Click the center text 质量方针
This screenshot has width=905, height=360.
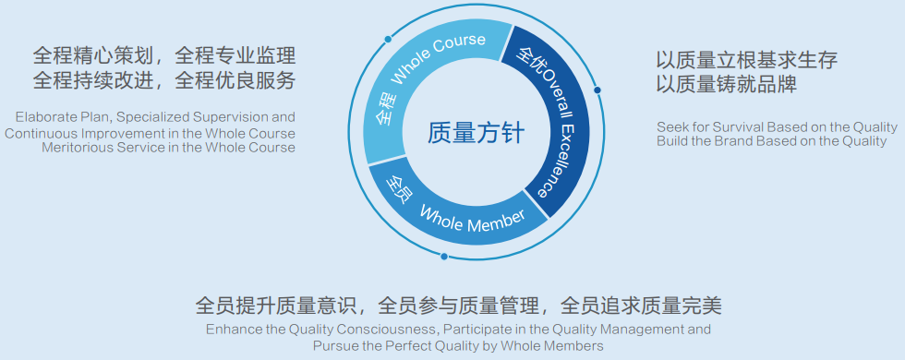tap(477, 133)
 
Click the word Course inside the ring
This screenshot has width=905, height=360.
tap(458, 46)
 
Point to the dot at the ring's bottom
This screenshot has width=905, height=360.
tap(444, 257)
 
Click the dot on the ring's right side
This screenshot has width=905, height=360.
tap(597, 90)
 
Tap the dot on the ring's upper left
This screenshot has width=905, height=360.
tap(388, 39)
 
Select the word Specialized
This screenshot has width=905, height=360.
tap(154, 118)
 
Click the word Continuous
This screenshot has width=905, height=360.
tap(34, 133)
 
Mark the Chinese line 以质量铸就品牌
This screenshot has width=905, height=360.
tap(726, 85)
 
